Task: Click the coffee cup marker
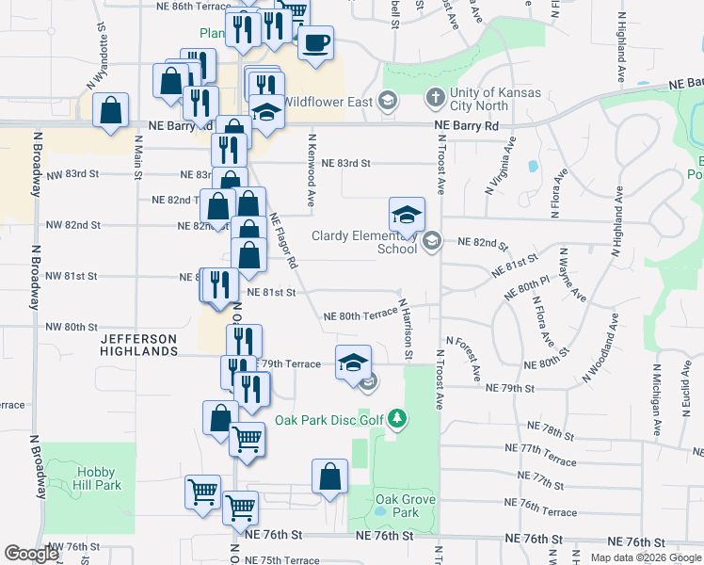pos(316,42)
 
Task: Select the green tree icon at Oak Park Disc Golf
pos(398,417)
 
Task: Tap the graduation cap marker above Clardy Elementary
pos(407,216)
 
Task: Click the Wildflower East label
pos(328,101)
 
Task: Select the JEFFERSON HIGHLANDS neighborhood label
pos(139,345)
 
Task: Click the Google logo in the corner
pos(31,554)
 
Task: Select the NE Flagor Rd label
pos(283,242)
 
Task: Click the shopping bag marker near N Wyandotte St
pos(111,110)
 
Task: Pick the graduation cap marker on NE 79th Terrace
pos(353,363)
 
